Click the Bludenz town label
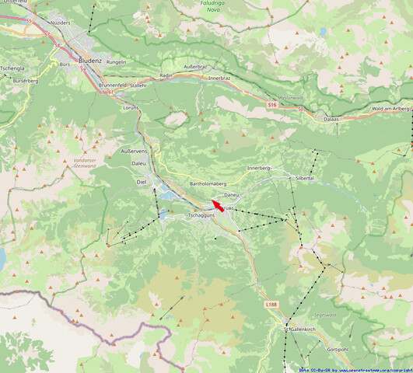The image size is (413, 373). coord(92,59)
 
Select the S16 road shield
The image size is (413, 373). coord(271,104)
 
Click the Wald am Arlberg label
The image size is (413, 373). coord(390,109)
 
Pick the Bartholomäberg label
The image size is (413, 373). coord(212,184)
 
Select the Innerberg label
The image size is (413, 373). coord(258,168)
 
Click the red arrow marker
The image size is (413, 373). coord(219,206)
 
